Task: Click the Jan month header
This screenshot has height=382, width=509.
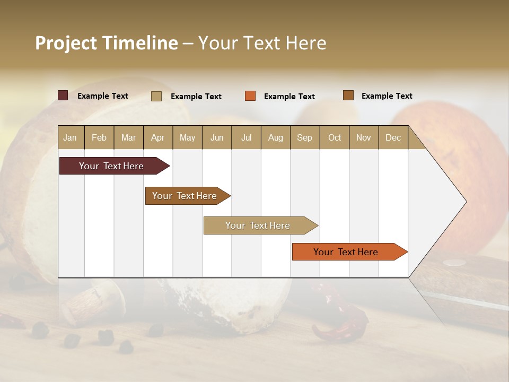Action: [x=70, y=137]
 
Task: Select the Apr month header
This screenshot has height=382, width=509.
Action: [x=158, y=137]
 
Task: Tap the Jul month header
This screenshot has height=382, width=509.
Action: [x=246, y=137]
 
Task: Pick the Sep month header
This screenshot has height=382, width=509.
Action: [x=304, y=137]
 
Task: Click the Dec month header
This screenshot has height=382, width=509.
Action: [x=393, y=137]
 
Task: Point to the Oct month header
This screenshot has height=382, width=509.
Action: [x=335, y=137]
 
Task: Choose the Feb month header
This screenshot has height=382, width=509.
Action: [x=99, y=137]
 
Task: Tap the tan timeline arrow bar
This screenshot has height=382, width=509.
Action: [x=258, y=225]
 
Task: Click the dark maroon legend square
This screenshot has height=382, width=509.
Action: [x=63, y=95]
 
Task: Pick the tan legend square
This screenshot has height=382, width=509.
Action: [x=156, y=96]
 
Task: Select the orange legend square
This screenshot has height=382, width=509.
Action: [x=250, y=96]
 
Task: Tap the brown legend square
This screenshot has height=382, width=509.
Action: [x=348, y=95]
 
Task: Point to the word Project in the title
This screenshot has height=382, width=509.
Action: [x=66, y=43]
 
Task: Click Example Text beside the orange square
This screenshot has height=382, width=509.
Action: [x=289, y=97]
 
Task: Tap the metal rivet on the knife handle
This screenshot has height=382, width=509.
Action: [x=454, y=262]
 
